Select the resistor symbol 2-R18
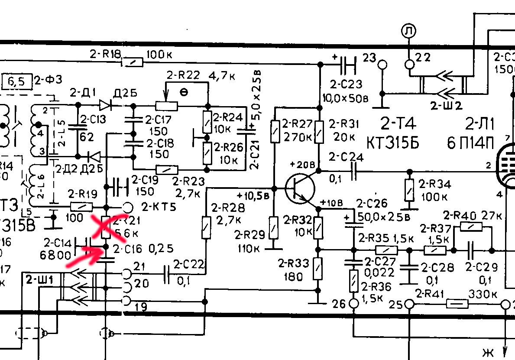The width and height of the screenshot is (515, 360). pyautogui.click(x=132, y=62)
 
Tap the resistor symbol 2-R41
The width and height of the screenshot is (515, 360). pyautogui.click(x=457, y=305)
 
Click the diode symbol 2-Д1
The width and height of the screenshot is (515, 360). pyautogui.click(x=105, y=105)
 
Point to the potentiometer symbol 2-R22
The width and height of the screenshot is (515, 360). pyautogui.click(x=166, y=106)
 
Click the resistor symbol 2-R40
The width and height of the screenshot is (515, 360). pyautogui.click(x=472, y=226)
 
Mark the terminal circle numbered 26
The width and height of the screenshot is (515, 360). pyautogui.click(x=354, y=304)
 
